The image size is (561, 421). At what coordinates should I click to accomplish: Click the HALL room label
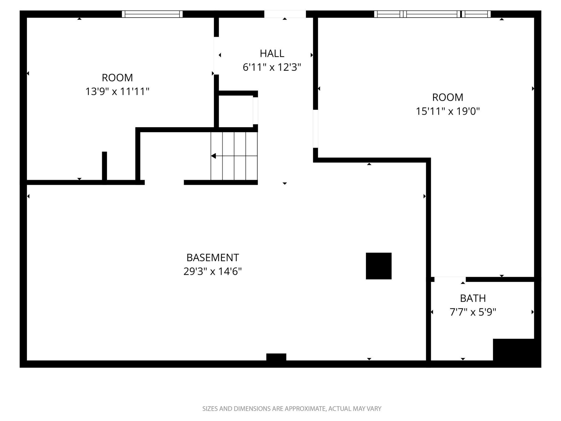click(x=272, y=53)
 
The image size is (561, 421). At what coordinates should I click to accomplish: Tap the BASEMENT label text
click(x=213, y=257)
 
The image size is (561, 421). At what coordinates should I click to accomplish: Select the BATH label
click(x=473, y=298)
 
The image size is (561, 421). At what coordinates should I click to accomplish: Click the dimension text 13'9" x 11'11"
click(x=117, y=91)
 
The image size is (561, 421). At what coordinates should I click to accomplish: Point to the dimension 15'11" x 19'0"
click(x=448, y=111)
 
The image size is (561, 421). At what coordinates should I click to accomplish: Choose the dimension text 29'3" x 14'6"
click(x=213, y=271)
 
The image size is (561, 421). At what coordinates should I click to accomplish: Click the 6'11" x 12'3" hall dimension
click(x=272, y=67)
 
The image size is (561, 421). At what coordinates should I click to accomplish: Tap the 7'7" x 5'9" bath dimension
click(x=473, y=312)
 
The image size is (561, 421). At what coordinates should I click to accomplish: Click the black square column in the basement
click(x=378, y=266)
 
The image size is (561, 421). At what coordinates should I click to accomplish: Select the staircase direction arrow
click(x=214, y=156)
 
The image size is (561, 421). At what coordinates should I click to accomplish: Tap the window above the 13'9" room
click(x=152, y=14)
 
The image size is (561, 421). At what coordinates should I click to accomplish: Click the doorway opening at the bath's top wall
click(x=450, y=279)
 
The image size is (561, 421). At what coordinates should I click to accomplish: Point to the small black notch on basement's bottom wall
click(x=276, y=357)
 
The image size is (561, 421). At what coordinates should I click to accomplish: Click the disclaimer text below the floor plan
click(x=292, y=409)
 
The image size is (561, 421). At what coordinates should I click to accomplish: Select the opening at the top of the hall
click(x=285, y=14)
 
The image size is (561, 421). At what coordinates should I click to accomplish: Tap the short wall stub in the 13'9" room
click(x=104, y=166)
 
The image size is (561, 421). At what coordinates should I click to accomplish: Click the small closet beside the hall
click(x=235, y=111)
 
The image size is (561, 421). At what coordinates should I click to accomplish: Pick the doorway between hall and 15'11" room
click(x=315, y=129)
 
